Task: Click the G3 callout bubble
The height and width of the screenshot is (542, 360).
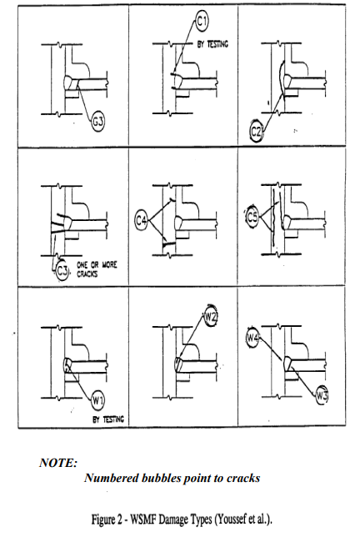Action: click(x=98, y=122)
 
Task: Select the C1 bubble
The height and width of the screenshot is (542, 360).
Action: click(x=202, y=22)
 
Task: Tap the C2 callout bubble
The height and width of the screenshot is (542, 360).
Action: click(x=256, y=132)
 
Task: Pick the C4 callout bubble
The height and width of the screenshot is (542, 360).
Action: click(x=142, y=220)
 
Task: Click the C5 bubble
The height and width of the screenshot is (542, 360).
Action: click(x=252, y=217)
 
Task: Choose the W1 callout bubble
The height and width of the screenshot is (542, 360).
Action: click(x=97, y=401)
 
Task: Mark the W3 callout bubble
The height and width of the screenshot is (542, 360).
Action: click(x=322, y=395)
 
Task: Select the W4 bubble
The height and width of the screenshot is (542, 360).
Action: click(x=252, y=338)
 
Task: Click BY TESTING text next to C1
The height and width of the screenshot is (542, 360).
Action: click(x=212, y=44)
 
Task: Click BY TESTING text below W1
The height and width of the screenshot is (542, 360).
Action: click(x=108, y=419)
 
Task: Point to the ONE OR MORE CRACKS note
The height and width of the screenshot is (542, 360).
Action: click(x=97, y=269)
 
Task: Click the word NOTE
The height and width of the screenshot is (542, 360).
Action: click(x=58, y=463)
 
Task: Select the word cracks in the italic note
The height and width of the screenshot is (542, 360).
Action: click(x=243, y=478)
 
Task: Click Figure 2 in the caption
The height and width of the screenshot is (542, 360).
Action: click(x=107, y=519)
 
